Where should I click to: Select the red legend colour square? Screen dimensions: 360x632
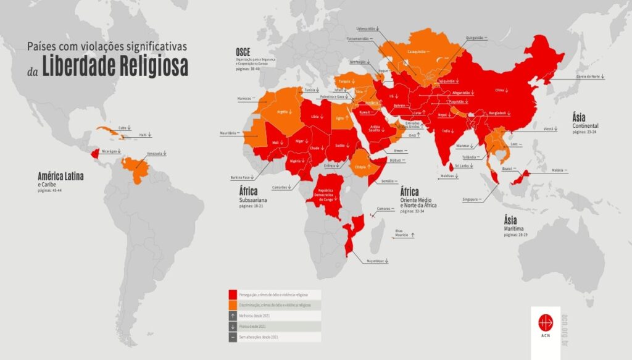[x=233, y=295]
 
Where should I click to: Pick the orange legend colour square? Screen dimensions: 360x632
[x=233, y=305]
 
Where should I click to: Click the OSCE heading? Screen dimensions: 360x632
[x=242, y=51]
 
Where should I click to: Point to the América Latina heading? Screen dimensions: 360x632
[x=60, y=176]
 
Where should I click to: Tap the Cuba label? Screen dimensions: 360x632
[x=122, y=128]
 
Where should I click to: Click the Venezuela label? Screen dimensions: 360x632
[x=155, y=154]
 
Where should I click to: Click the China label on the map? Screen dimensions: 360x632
[x=499, y=90]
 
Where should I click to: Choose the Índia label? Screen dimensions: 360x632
[x=446, y=131]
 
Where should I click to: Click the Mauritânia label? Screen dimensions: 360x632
[x=228, y=133]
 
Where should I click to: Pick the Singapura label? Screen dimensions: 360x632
[x=471, y=199]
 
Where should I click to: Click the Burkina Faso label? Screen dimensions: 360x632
[x=241, y=177]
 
